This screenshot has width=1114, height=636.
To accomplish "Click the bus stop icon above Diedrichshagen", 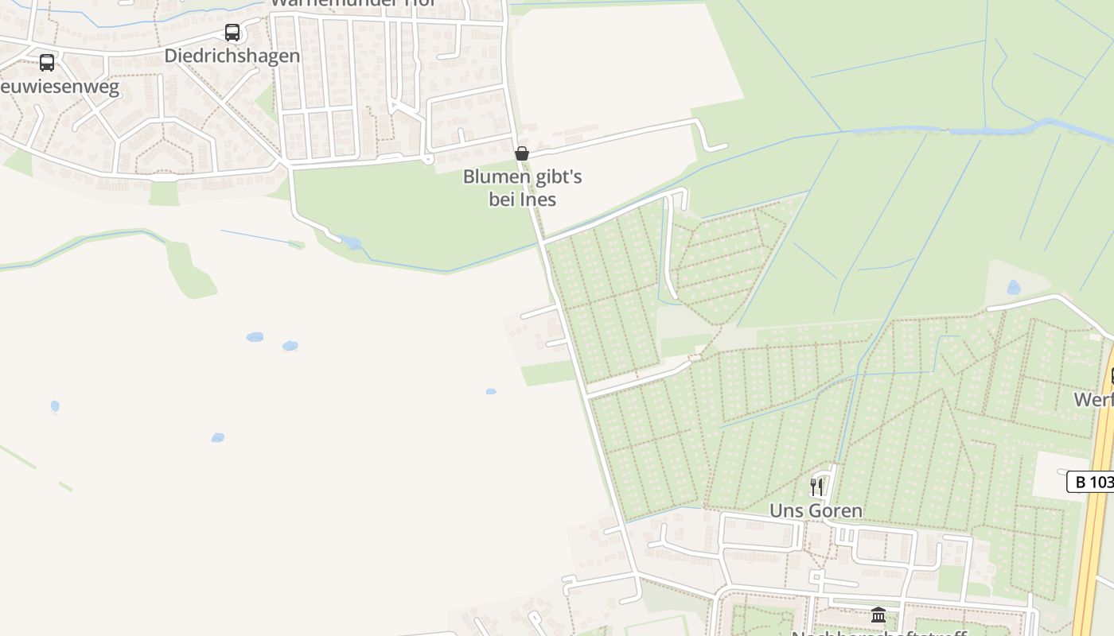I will [232, 33].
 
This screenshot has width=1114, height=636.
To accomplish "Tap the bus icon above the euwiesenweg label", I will [47, 63].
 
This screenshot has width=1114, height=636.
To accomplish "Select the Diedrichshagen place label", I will [232, 56].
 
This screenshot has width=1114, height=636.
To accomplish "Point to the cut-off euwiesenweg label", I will [60, 87].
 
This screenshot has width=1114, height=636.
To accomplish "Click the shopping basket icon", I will [522, 153].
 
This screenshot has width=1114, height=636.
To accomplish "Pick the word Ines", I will [538, 200].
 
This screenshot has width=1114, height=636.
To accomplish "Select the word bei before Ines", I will [502, 200].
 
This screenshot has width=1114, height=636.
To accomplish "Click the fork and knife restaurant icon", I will [816, 487].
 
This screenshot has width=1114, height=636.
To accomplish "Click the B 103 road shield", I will [1091, 482].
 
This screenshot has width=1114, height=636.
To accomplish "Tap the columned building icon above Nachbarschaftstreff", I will [878, 615].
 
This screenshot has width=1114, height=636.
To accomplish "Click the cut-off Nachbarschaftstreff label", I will [878, 633].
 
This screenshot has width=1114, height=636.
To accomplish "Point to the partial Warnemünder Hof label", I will [354, 3].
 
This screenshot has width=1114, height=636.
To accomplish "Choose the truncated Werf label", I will [1095, 399].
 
